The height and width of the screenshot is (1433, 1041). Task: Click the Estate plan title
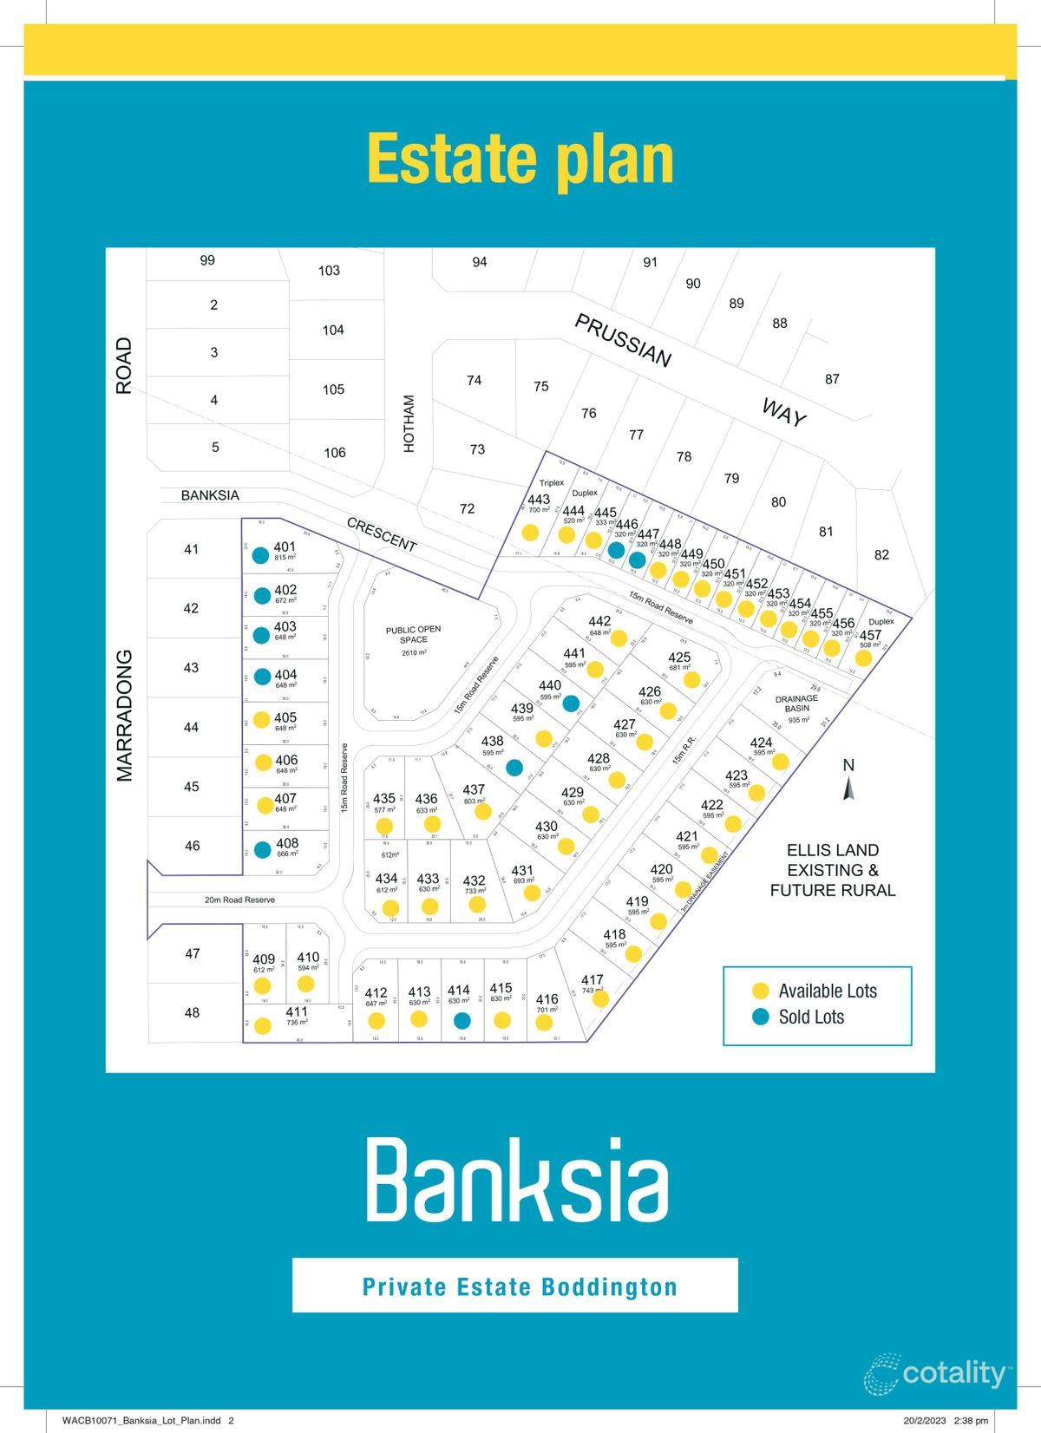[520, 159]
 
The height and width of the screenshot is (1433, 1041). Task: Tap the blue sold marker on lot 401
[260, 556]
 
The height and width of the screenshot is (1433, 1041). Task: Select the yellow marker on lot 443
[530, 532]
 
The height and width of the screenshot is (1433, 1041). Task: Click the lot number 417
[592, 979]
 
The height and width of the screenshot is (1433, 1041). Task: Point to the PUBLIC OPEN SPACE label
[413, 635]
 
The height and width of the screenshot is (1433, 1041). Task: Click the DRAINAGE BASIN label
[795, 703]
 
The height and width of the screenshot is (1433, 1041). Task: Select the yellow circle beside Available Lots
[761, 991]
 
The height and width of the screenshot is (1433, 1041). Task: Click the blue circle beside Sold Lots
[761, 1017]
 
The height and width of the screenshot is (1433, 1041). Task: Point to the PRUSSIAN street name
[623, 341]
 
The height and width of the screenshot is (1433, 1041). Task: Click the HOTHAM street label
[409, 423]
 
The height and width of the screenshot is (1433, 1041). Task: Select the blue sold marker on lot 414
[462, 1020]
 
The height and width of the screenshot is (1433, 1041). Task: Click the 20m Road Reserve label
[239, 900]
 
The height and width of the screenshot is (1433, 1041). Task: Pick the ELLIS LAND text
[832, 850]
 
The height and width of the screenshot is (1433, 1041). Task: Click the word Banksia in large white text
[519, 1179]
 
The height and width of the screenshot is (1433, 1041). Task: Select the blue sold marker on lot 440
[570, 703]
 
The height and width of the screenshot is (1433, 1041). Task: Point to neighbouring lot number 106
[334, 452]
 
